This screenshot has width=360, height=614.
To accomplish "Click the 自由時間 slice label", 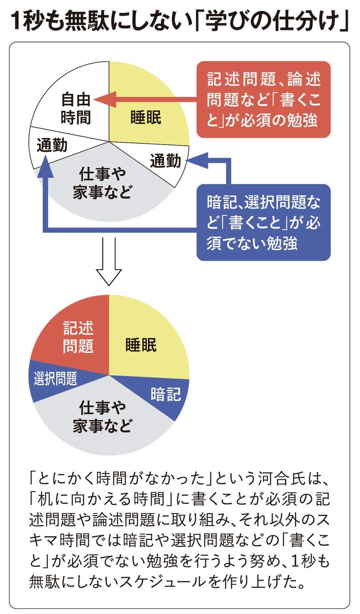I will pos(76,107).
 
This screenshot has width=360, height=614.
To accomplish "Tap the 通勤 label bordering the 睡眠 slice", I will pos(165,161).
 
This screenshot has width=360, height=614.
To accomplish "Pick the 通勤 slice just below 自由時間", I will pos(52,146).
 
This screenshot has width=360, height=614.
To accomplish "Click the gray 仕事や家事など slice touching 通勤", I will pos(106,183).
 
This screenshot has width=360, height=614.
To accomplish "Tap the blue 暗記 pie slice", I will pos(165,394).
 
